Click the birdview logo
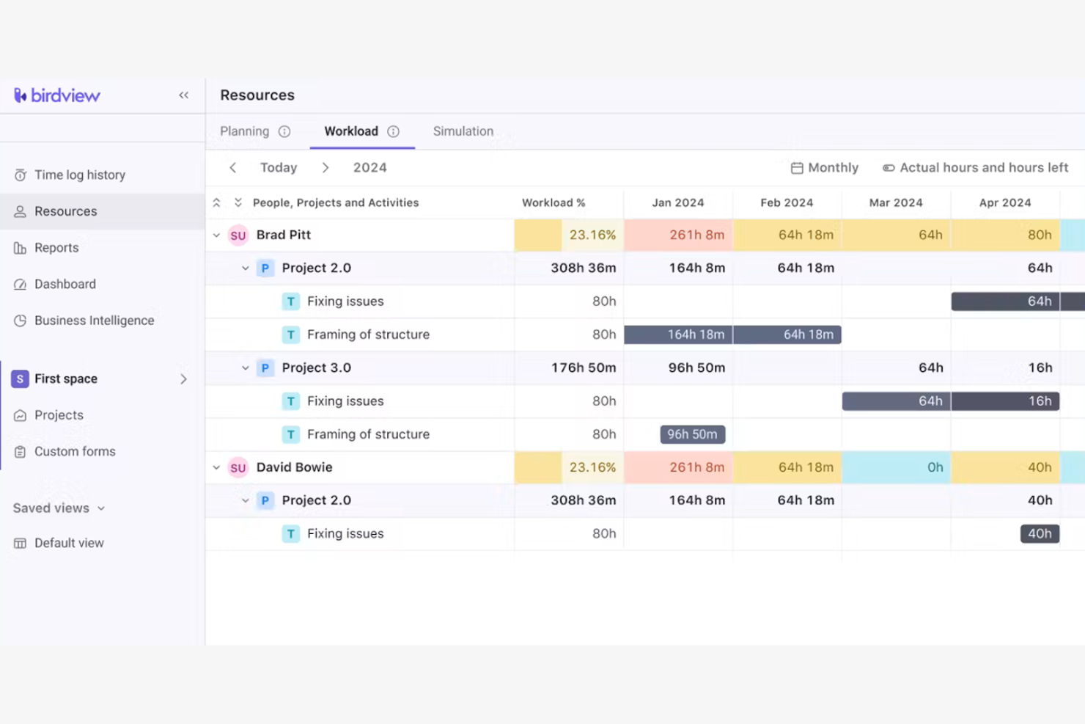click(x=57, y=95)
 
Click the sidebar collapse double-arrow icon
click(x=183, y=95)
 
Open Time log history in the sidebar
click(x=79, y=175)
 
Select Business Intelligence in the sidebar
click(x=94, y=321)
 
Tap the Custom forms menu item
click(x=75, y=451)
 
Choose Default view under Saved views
click(x=69, y=543)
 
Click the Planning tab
click(x=245, y=131)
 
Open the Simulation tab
click(x=463, y=131)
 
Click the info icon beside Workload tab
click(x=394, y=131)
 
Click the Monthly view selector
click(x=825, y=167)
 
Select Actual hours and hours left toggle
click(x=975, y=167)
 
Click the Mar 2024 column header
click(x=895, y=202)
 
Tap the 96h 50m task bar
click(x=692, y=434)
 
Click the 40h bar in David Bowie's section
click(x=1039, y=533)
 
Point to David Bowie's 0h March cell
click(x=896, y=467)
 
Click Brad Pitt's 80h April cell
click(x=1005, y=235)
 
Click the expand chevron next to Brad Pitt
click(x=216, y=235)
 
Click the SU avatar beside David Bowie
click(x=238, y=467)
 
